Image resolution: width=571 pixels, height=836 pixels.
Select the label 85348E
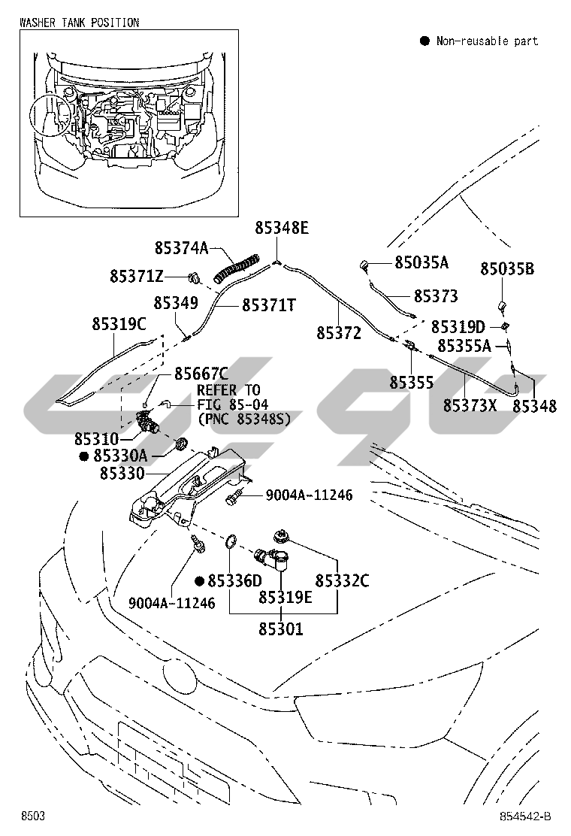click(281, 228)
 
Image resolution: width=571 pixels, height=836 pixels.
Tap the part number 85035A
click(421, 262)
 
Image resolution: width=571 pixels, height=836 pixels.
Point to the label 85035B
click(507, 268)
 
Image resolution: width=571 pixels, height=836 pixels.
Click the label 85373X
click(470, 405)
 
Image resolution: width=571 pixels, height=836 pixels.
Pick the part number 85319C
click(119, 324)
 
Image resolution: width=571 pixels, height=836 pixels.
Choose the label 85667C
click(201, 374)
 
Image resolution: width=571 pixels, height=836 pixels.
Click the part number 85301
click(281, 629)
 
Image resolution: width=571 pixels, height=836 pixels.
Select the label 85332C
click(342, 580)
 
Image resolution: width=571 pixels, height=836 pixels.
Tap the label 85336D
click(234, 580)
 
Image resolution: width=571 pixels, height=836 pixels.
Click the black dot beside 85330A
click(85, 456)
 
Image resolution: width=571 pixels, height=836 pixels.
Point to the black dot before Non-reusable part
click(424, 41)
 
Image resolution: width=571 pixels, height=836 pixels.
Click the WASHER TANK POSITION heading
click(79, 23)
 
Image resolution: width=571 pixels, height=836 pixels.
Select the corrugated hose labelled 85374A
click(238, 268)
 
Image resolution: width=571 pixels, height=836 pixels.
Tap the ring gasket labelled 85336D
click(233, 541)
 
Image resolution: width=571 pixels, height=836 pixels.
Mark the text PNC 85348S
click(243, 418)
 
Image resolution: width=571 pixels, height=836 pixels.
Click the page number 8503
click(32, 816)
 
